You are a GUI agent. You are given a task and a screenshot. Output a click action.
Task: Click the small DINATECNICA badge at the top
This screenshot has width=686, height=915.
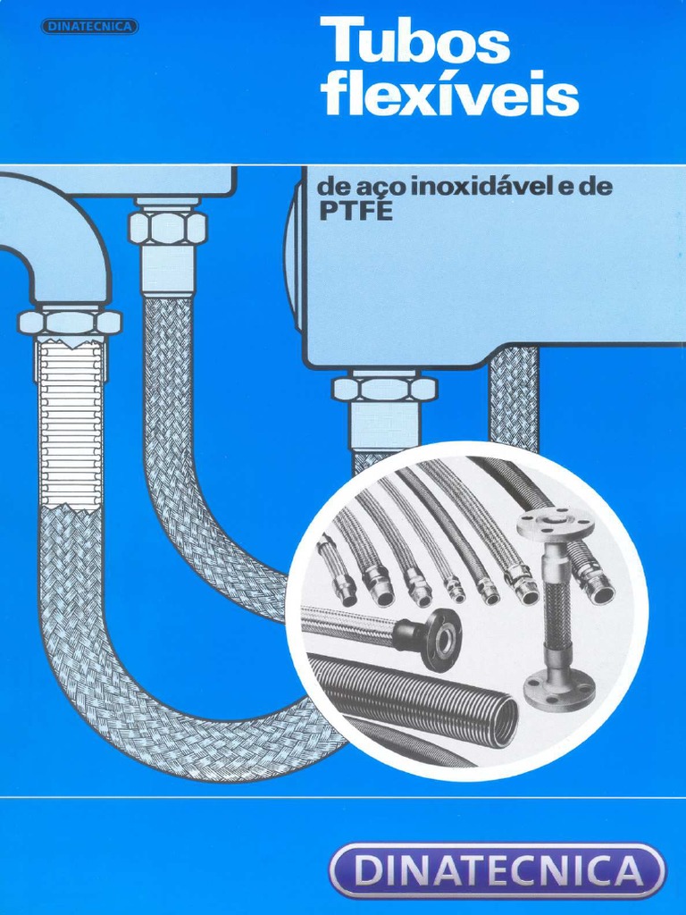[89, 27]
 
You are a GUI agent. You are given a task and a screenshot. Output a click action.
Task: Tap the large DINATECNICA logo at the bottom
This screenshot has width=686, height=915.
[498, 870]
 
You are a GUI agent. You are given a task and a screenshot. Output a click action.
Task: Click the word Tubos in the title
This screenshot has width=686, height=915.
[415, 44]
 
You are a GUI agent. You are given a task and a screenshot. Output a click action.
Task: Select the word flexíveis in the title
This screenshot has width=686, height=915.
[449, 96]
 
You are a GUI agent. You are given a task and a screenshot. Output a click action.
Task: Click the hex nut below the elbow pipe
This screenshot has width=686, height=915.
[69, 322]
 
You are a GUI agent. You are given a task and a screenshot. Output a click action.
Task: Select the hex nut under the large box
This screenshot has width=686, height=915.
[384, 389]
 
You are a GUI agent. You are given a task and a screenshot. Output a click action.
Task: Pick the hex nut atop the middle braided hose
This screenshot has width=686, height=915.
[167, 227]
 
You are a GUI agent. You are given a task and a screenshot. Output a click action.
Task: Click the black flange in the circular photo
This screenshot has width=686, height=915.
[439, 638]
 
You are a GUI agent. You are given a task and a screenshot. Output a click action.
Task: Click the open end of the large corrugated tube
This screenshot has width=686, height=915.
[506, 722]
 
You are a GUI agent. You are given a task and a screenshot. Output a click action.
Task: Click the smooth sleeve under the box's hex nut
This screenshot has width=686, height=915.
[384, 426]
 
